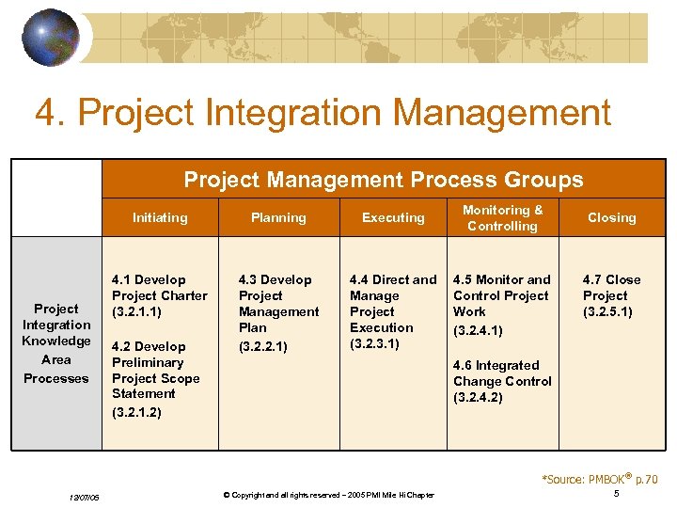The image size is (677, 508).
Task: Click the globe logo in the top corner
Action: (50, 39)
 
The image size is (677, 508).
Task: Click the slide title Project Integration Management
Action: (323, 113)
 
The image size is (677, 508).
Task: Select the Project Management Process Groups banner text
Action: (383, 180)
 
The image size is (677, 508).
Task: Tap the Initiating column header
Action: (160, 217)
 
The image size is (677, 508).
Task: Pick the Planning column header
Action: (278, 217)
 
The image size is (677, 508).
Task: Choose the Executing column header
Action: (393, 217)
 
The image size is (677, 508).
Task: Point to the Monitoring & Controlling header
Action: (503, 217)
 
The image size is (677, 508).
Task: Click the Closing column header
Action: (611, 217)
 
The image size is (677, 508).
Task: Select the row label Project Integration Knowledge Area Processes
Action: (56, 342)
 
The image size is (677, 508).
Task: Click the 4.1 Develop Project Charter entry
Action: (159, 295)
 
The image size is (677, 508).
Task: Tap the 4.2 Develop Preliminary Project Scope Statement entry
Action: (157, 371)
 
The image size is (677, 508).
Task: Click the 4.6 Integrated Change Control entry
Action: (502, 381)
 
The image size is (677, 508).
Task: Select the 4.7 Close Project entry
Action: (611, 295)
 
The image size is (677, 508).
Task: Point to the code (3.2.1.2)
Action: (136, 412)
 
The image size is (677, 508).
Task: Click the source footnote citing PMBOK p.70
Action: (599, 479)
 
